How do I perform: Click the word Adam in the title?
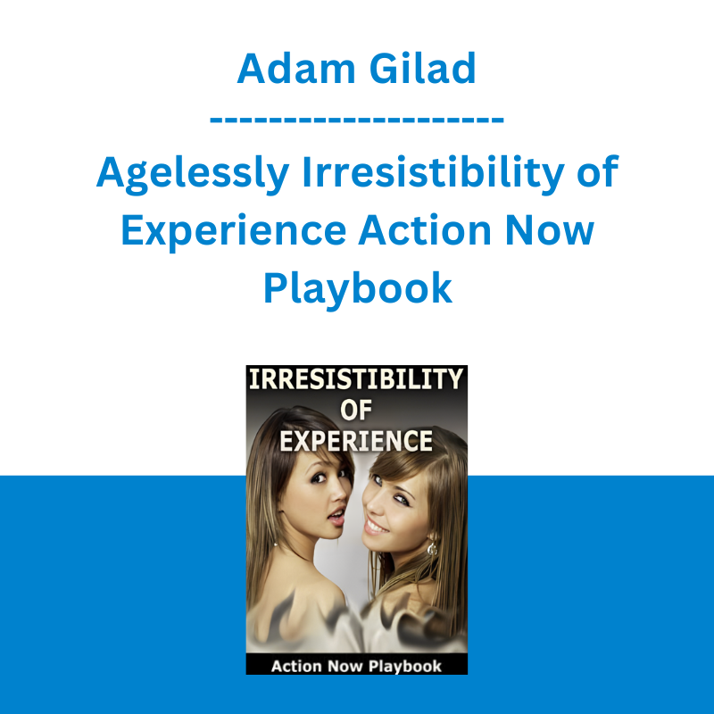pyautogui.click(x=296, y=69)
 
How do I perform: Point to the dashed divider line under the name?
pyautogui.click(x=356, y=120)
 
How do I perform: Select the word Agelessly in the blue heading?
pyautogui.click(x=193, y=173)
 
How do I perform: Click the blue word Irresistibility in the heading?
pyautogui.click(x=433, y=173)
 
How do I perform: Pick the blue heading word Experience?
pyautogui.click(x=233, y=231)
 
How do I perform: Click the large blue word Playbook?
pyautogui.click(x=358, y=287)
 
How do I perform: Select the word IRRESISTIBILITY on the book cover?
pyautogui.click(x=356, y=379)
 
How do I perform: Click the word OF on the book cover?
pyautogui.click(x=356, y=411)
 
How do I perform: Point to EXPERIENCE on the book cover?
pyautogui.click(x=356, y=441)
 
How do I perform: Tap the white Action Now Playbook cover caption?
pyautogui.click(x=356, y=666)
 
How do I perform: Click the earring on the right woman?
pyautogui.click(x=432, y=547)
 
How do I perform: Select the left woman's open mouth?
pyautogui.click(x=337, y=516)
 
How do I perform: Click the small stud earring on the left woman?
pyautogui.click(x=276, y=544)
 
